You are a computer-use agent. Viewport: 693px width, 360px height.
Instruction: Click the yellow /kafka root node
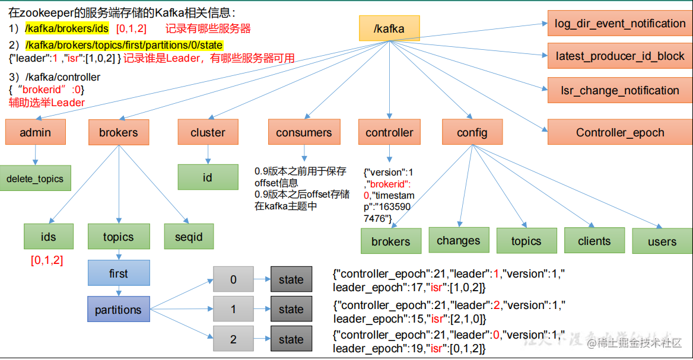tap(389, 28)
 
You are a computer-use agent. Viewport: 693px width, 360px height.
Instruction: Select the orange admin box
tap(35, 132)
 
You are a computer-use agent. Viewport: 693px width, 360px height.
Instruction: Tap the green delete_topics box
tap(35, 179)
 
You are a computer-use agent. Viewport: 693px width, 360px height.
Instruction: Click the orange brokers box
tap(119, 132)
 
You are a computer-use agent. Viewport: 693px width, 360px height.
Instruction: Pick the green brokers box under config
tap(390, 241)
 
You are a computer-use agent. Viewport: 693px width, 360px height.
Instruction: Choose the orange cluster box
tap(208, 132)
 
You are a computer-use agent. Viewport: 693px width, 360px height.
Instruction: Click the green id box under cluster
tap(208, 177)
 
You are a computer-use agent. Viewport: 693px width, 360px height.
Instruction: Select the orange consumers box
tap(304, 132)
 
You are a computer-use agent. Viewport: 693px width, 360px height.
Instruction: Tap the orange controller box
tap(389, 132)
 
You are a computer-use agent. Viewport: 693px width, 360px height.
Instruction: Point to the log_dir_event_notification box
tap(620, 24)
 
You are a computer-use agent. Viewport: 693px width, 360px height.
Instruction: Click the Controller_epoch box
tap(620, 132)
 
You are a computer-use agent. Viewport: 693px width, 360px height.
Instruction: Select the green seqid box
tap(189, 237)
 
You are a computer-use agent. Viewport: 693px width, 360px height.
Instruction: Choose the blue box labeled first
tap(119, 273)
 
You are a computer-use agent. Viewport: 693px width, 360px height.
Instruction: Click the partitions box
tap(119, 310)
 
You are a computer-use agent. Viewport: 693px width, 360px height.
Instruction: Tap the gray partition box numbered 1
tap(233, 309)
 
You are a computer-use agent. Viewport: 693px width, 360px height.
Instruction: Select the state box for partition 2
tap(291, 340)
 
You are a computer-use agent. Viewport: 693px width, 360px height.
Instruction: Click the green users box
tap(662, 241)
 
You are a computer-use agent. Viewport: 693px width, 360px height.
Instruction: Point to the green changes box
tap(458, 240)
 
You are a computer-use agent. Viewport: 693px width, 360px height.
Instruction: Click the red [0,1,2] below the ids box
tap(47, 260)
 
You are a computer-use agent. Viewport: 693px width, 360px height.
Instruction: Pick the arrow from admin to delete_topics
tap(35, 155)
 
